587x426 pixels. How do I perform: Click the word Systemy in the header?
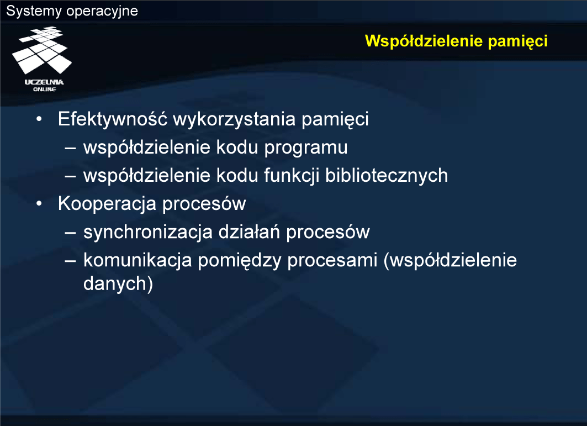tap(34, 11)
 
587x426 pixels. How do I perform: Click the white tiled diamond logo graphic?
tap(41, 50)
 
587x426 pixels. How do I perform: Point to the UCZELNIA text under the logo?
tap(44, 82)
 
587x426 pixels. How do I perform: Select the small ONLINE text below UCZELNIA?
tap(45, 89)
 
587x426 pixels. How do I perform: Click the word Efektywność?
tap(112, 119)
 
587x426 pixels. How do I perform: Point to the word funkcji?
tap(292, 176)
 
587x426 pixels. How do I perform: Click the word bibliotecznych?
tap(387, 176)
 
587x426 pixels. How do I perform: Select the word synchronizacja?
tap(148, 232)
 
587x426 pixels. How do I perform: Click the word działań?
tap(250, 232)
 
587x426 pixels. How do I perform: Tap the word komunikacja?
tap(138, 260)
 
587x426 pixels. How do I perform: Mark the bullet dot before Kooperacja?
tap(39, 204)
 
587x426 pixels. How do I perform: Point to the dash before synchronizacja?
tap(70, 232)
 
